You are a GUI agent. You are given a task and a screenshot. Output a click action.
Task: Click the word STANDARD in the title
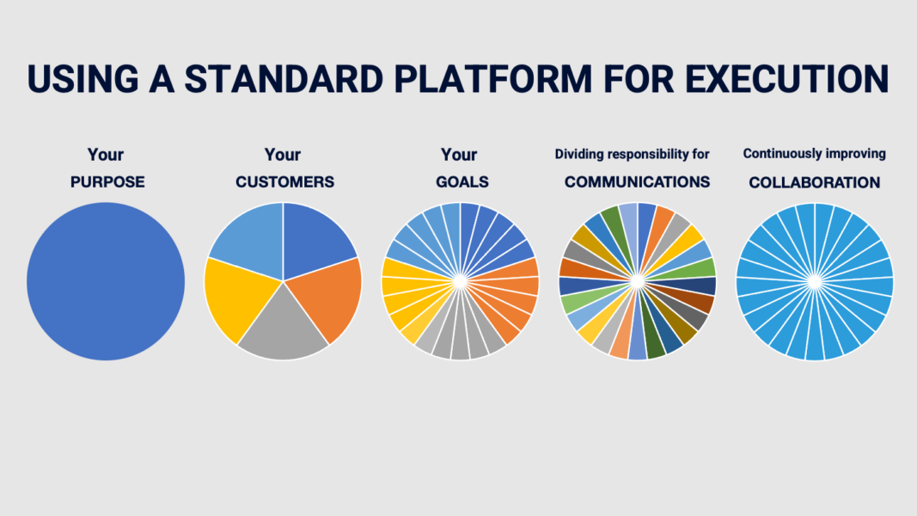point(284,79)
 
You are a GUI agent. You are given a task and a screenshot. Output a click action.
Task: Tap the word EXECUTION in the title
point(787,79)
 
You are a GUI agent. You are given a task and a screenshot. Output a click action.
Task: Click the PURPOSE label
point(107,182)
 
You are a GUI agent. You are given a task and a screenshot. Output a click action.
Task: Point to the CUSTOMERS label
point(284,182)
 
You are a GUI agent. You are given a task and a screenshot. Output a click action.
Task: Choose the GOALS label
point(462,182)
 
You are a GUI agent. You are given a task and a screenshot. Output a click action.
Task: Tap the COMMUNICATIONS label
point(637,182)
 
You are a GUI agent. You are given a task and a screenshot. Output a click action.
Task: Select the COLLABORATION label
point(814,182)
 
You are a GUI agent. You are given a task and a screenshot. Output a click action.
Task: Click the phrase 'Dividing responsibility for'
point(632,155)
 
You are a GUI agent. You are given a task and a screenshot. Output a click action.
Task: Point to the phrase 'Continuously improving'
point(814,154)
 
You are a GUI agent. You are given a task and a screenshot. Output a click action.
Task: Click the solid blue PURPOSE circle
point(106,281)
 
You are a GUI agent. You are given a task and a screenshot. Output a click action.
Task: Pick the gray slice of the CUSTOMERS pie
point(283,328)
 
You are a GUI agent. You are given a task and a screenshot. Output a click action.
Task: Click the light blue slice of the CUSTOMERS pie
point(253,240)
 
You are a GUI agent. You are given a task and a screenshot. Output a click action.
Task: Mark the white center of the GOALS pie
point(461,281)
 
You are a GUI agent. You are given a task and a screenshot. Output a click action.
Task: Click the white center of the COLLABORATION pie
point(815,281)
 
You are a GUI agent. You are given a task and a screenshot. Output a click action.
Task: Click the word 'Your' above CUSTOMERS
point(283,155)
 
